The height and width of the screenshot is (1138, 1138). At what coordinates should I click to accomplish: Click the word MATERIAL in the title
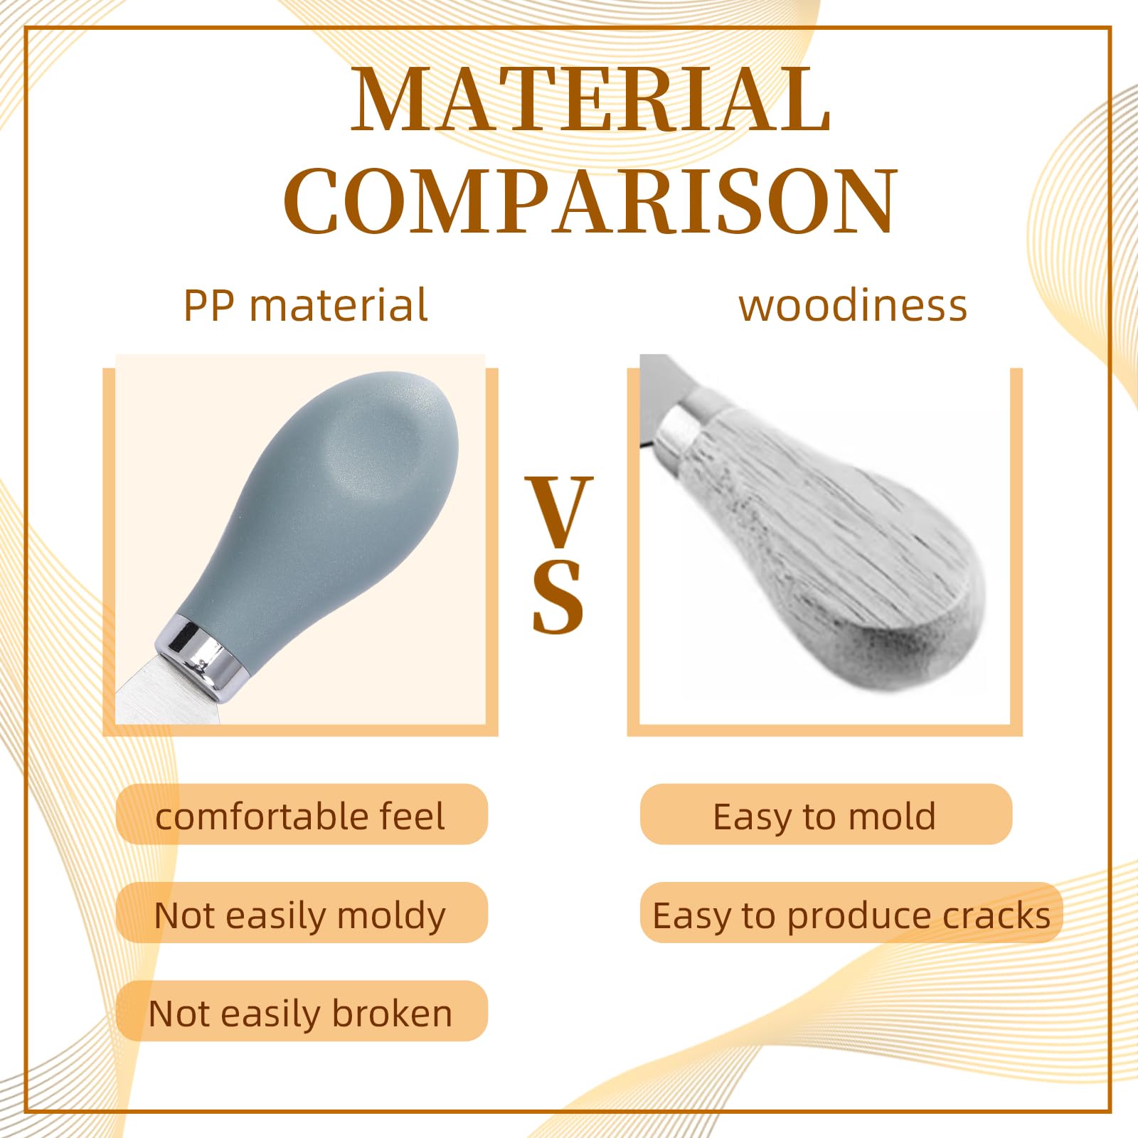click(x=590, y=100)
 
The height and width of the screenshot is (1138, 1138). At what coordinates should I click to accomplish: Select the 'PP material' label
click(x=306, y=306)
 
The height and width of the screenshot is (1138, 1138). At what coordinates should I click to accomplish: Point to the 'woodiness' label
click(x=853, y=306)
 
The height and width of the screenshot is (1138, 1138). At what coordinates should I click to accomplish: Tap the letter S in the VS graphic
click(x=558, y=597)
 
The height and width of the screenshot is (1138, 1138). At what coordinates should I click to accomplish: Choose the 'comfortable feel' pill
click(x=302, y=815)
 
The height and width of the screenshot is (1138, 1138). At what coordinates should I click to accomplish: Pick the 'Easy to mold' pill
click(x=825, y=815)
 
